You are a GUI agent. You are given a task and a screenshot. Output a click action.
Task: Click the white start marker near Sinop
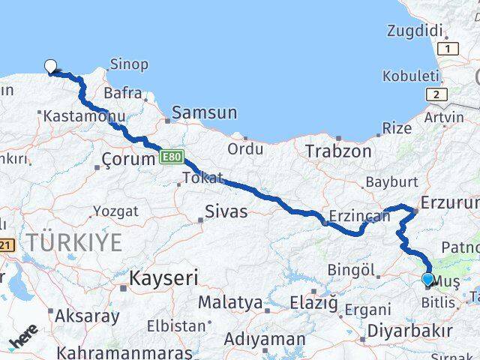point(51,66)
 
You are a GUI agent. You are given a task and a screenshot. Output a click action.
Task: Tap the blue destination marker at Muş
point(428,280)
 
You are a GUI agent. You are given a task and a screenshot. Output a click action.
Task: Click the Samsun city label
point(204,113)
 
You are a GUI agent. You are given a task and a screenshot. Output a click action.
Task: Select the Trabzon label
point(338,151)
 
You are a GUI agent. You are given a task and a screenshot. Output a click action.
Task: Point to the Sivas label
point(226,211)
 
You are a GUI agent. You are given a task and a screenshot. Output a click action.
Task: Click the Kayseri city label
point(163,278)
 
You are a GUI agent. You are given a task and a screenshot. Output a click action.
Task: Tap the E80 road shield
point(171,157)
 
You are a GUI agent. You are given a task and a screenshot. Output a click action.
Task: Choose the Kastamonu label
point(73,116)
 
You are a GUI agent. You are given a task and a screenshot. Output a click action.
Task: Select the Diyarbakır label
point(409,331)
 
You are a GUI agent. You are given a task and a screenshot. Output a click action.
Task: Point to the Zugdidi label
point(414,31)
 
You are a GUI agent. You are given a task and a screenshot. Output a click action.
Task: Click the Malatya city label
point(230,303)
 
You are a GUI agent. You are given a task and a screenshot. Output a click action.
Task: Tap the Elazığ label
point(313,303)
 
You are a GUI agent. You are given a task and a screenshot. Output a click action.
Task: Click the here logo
point(23,336)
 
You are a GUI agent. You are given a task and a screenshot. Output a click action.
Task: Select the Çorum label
point(127,159)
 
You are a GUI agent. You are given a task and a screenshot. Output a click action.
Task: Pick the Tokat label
point(202,178)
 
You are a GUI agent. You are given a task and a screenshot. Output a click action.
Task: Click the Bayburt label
point(391,182)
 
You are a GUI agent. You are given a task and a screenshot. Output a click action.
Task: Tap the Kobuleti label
point(410,76)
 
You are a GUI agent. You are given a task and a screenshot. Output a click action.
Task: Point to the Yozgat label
point(117,211)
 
